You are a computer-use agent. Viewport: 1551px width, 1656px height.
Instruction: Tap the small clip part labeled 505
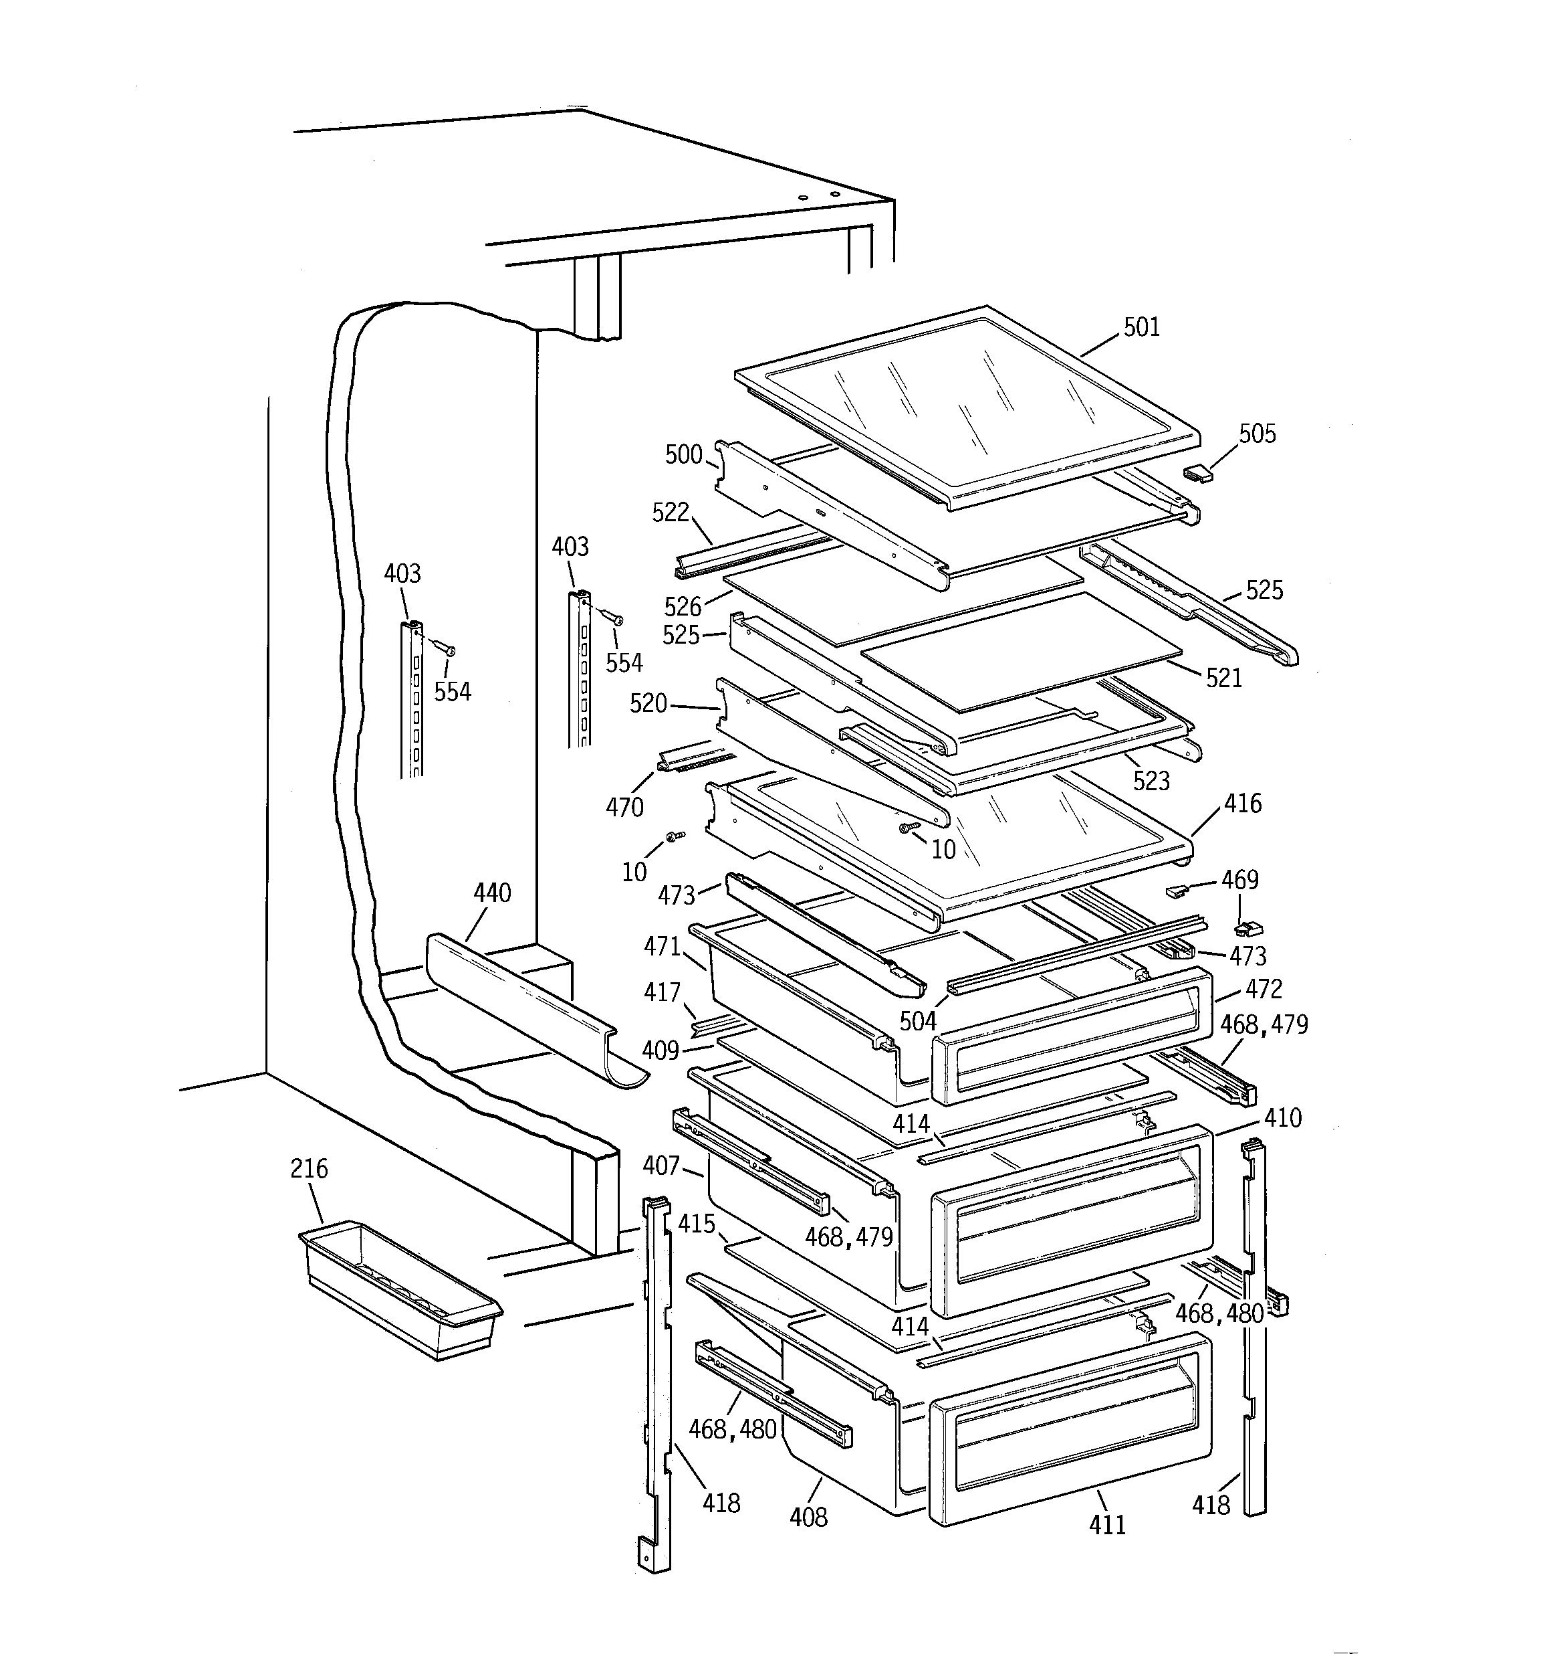pyautogui.click(x=1197, y=473)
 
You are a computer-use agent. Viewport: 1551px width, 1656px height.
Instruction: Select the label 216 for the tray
pyautogui.click(x=309, y=1169)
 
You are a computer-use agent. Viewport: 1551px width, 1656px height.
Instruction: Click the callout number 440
pyautogui.click(x=492, y=893)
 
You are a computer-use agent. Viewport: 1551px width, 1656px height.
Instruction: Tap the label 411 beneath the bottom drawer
pyautogui.click(x=1106, y=1526)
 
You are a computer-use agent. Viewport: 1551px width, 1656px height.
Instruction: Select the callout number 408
pyautogui.click(x=808, y=1517)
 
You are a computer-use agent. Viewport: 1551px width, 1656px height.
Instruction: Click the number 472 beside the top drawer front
pyautogui.click(x=1264, y=989)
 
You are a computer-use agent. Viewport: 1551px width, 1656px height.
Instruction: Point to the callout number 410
pyautogui.click(x=1282, y=1118)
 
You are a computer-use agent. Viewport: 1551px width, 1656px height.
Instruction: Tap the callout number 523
pyautogui.click(x=1151, y=781)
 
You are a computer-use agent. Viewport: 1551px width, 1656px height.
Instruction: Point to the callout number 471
pyautogui.click(x=662, y=947)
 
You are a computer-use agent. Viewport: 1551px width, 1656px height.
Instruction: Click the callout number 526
pyautogui.click(x=683, y=606)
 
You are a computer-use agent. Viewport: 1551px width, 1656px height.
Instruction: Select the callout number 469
pyautogui.click(x=1239, y=880)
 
